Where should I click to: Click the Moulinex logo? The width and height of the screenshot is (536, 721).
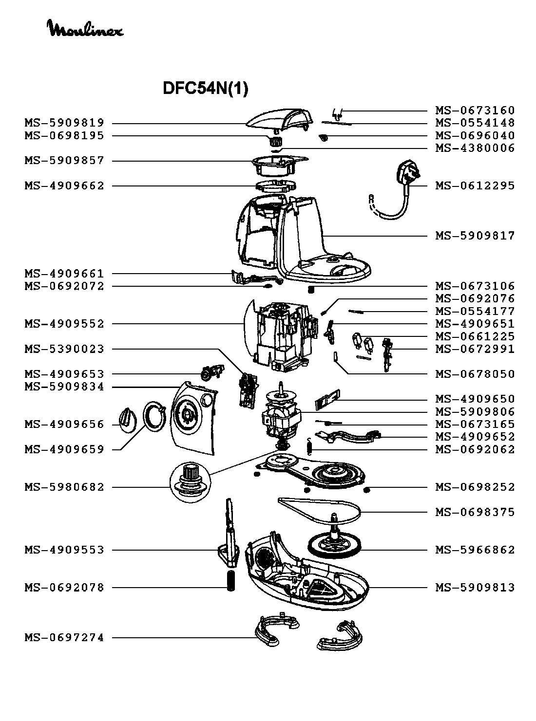point(85,29)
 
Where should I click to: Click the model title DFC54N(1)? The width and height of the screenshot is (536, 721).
point(205,89)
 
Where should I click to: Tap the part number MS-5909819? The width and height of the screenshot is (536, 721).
point(64,123)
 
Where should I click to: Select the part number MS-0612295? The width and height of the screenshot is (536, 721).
point(475,186)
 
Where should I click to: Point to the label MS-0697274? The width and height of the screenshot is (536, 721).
point(64,638)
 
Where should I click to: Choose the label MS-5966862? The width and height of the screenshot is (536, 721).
point(475,550)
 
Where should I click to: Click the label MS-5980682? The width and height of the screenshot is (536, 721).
point(64,487)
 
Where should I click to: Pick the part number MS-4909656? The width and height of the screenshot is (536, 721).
point(64,425)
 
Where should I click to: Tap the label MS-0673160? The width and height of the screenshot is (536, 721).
point(475,111)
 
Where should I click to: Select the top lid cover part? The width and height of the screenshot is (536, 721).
point(280,119)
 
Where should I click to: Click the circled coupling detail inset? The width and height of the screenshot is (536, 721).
point(190,479)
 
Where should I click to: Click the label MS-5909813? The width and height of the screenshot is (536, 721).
point(475,588)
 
